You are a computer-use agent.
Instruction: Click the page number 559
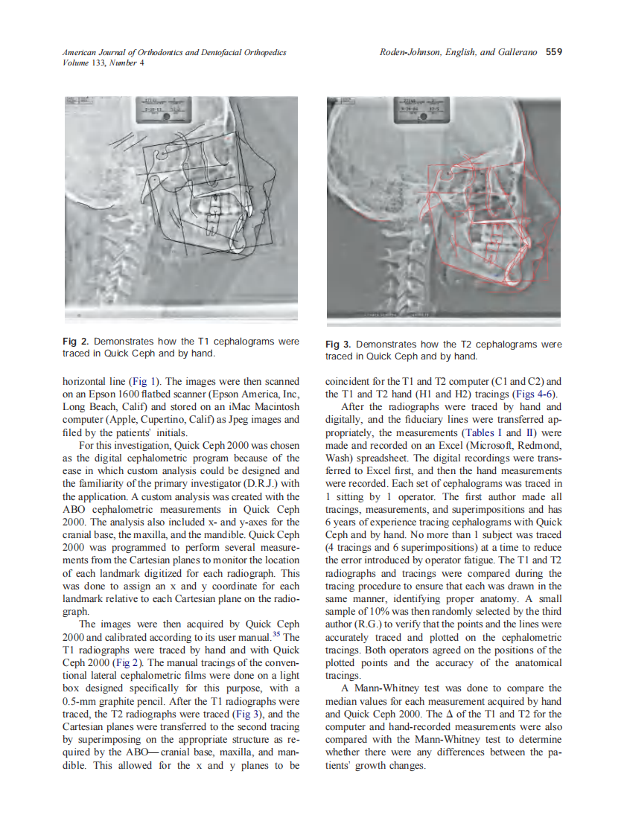click(554, 52)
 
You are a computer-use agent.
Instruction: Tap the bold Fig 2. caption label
click(75, 341)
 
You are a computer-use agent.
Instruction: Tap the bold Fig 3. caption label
click(340, 345)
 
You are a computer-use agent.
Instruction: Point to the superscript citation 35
click(274, 635)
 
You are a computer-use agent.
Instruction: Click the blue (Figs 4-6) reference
click(539, 394)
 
